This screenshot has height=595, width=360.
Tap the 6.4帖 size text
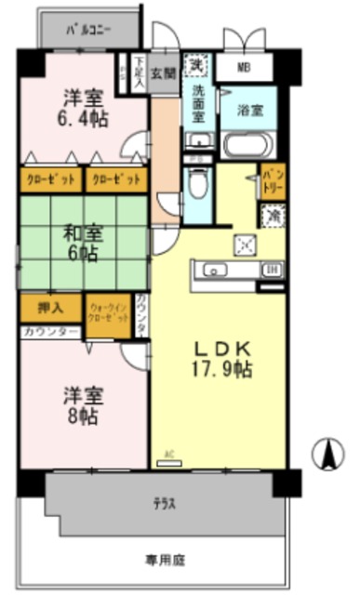click(x=85, y=119)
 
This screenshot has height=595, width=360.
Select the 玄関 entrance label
click(x=163, y=71)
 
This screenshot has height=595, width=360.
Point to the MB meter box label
click(x=244, y=68)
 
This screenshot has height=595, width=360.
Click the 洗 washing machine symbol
click(x=196, y=65)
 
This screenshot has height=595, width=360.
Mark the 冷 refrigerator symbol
click(x=273, y=215)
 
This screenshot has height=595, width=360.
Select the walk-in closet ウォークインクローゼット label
click(x=108, y=311)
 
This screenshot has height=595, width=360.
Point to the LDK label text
click(x=221, y=348)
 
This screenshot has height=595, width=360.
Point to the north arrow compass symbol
click(x=328, y=455)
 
